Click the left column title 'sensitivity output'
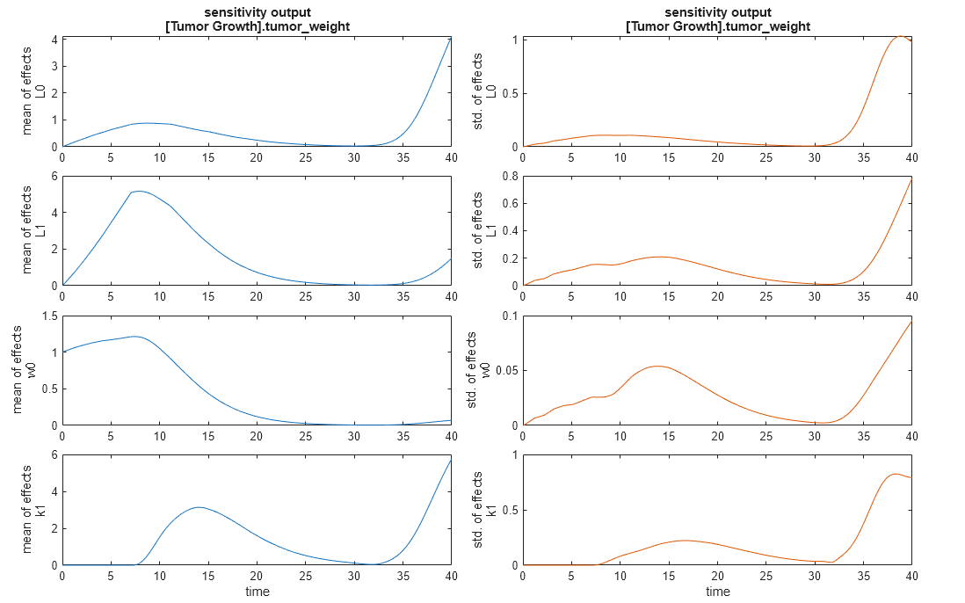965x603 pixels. point(257,12)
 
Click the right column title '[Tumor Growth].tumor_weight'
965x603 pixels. point(717,26)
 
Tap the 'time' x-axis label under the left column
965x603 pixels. point(257,592)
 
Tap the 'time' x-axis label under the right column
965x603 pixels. point(717,592)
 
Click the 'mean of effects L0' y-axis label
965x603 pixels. point(33,91)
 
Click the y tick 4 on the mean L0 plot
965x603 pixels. point(54,40)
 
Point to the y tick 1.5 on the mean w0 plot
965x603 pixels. point(50,316)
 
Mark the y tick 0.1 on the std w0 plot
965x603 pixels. point(511,316)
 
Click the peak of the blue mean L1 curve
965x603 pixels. point(139,191)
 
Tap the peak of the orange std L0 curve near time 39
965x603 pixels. point(901,36)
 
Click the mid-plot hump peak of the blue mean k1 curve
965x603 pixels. point(199,507)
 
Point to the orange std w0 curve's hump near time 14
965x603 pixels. point(658,366)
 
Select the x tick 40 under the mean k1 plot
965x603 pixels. point(450,577)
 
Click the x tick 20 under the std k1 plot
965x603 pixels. point(717,577)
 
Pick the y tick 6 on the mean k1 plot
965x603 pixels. point(54,455)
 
